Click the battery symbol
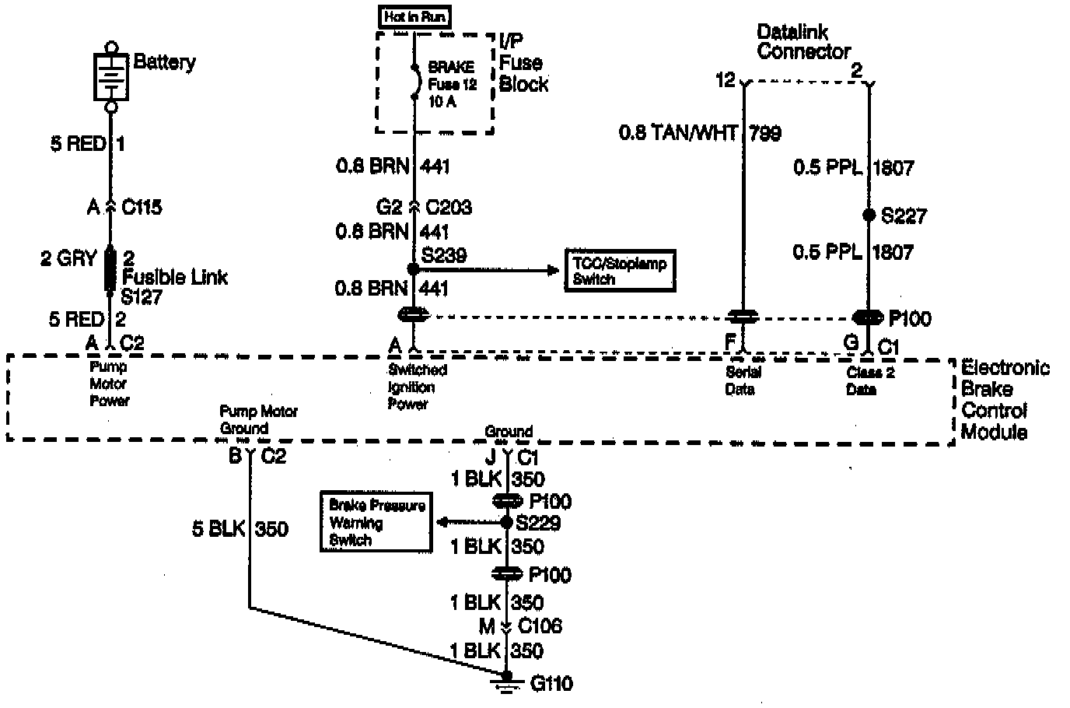(x=111, y=75)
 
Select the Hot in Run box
(x=416, y=16)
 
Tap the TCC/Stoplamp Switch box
(x=620, y=271)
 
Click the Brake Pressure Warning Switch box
(x=376, y=522)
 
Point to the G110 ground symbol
(x=507, y=685)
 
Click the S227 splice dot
(x=869, y=214)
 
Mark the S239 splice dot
(x=414, y=269)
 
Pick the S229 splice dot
(x=507, y=522)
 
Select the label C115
(x=142, y=207)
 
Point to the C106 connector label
(x=540, y=626)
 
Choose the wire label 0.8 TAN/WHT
(x=677, y=133)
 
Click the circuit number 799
(x=765, y=133)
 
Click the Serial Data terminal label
(x=742, y=380)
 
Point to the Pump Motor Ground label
(x=258, y=419)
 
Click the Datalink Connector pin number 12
(x=725, y=79)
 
